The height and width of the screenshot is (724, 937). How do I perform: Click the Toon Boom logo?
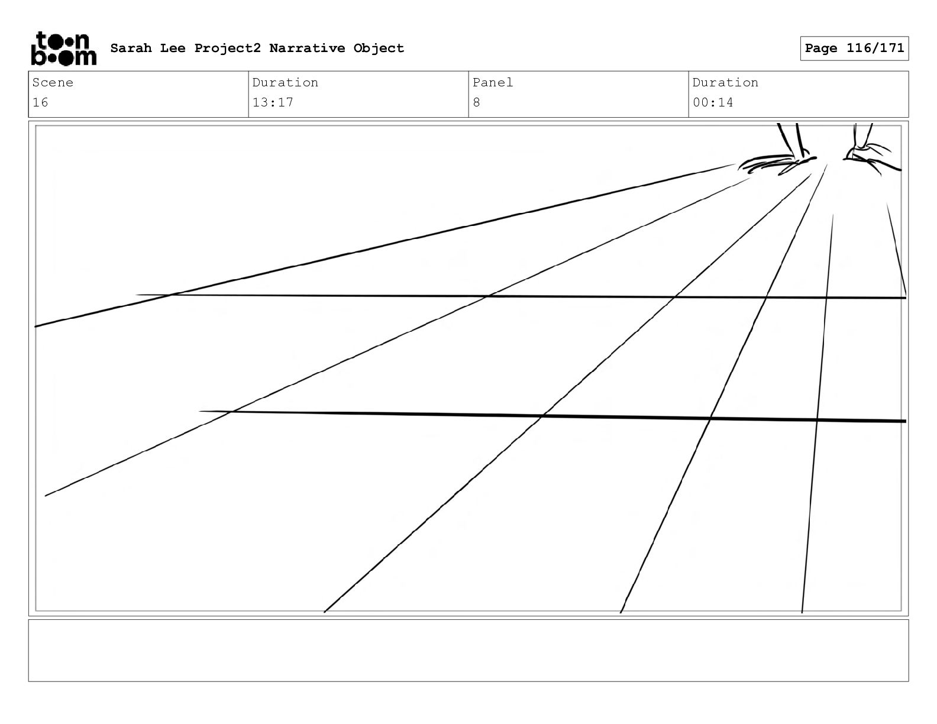tap(63, 49)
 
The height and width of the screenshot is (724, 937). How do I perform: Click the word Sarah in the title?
tap(131, 48)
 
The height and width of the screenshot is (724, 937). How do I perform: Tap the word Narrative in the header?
tap(307, 48)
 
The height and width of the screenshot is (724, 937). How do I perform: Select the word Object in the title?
tap(379, 49)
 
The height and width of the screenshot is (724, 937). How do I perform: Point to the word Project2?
tap(227, 49)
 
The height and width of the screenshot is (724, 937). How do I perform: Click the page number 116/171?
tap(875, 48)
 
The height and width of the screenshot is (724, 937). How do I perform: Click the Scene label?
tap(53, 83)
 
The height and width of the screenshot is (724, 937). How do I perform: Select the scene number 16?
tap(40, 102)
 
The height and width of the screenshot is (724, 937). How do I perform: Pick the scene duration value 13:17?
tap(273, 102)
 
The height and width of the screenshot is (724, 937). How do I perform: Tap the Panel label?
tap(493, 83)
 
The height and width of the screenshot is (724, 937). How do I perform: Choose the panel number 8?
tap(476, 102)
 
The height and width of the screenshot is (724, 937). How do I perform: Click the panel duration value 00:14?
tap(713, 102)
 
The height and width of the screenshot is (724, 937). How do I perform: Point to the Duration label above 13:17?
tap(285, 83)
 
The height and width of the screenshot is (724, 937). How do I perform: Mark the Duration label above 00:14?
tap(725, 83)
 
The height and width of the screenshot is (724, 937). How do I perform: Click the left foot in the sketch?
tap(775, 163)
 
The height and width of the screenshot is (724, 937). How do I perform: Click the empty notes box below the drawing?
tap(468, 650)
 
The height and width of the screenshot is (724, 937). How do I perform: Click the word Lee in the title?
tap(172, 48)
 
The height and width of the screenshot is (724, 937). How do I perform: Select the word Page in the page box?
tap(821, 48)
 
